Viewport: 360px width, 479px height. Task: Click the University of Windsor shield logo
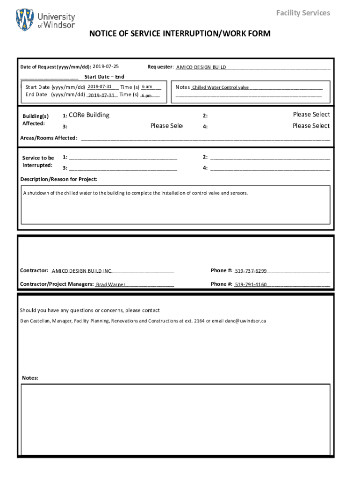(25, 20)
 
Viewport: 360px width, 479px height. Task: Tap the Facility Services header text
(303, 13)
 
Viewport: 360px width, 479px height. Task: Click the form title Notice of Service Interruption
(180, 34)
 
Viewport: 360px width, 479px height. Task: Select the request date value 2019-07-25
(106, 66)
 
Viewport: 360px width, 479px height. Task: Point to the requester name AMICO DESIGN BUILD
(201, 67)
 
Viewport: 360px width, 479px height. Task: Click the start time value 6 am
(147, 87)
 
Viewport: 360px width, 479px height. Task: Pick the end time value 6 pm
(147, 95)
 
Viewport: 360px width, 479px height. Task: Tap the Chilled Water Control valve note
(221, 87)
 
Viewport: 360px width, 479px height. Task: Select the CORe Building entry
(89, 115)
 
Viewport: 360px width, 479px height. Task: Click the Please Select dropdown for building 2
(311, 115)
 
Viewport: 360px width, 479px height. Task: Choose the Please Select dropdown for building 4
(311, 126)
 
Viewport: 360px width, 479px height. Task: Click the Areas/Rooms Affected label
(49, 138)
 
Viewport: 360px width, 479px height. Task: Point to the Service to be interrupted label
(38, 162)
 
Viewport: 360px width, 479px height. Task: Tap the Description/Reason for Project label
(59, 179)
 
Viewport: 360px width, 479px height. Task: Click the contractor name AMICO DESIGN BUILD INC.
(82, 271)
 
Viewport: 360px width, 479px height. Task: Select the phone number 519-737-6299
(251, 271)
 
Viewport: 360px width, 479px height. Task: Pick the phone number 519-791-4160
(251, 284)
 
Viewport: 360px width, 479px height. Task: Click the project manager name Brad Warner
(111, 284)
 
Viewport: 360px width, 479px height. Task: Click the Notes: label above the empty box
(30, 378)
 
